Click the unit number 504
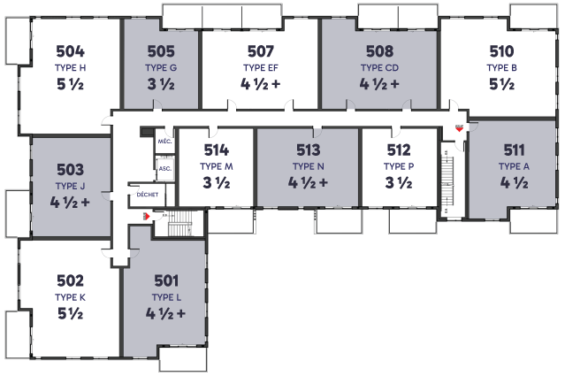pyautogui.click(x=70, y=51)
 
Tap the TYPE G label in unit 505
pyautogui.click(x=161, y=68)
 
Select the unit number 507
pyautogui.click(x=261, y=51)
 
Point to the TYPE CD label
pyautogui.click(x=379, y=68)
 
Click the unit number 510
pyautogui.click(x=501, y=51)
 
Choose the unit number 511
pyautogui.click(x=515, y=150)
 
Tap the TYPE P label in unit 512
pyautogui.click(x=399, y=166)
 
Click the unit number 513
pyautogui.click(x=308, y=150)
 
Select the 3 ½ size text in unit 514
pyautogui.click(x=217, y=183)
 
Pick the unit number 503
pyautogui.click(x=70, y=170)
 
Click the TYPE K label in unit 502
pyautogui.click(x=70, y=297)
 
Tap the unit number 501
pyautogui.click(x=166, y=280)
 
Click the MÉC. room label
pyautogui.click(x=164, y=142)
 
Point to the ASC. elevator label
pyautogui.click(x=165, y=169)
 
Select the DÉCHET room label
pyautogui.click(x=148, y=195)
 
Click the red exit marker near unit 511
pyautogui.click(x=459, y=128)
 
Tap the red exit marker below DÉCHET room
pyautogui.click(x=147, y=216)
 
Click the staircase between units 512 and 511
pyautogui.click(x=448, y=181)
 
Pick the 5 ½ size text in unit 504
pyautogui.click(x=70, y=84)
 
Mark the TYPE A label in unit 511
pyautogui.click(x=515, y=166)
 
